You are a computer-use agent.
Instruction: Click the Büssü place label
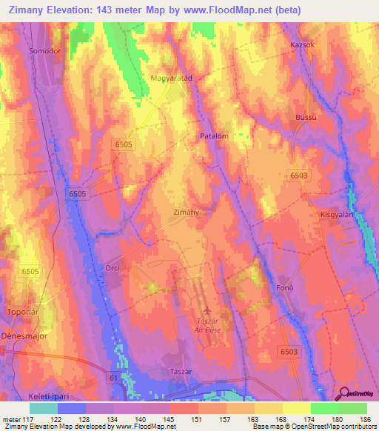[306, 118]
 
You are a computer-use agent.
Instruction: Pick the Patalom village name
[214, 136]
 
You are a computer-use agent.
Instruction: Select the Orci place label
[112, 267]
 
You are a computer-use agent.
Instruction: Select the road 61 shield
[113, 378]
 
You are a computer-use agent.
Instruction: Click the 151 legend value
[198, 420]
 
